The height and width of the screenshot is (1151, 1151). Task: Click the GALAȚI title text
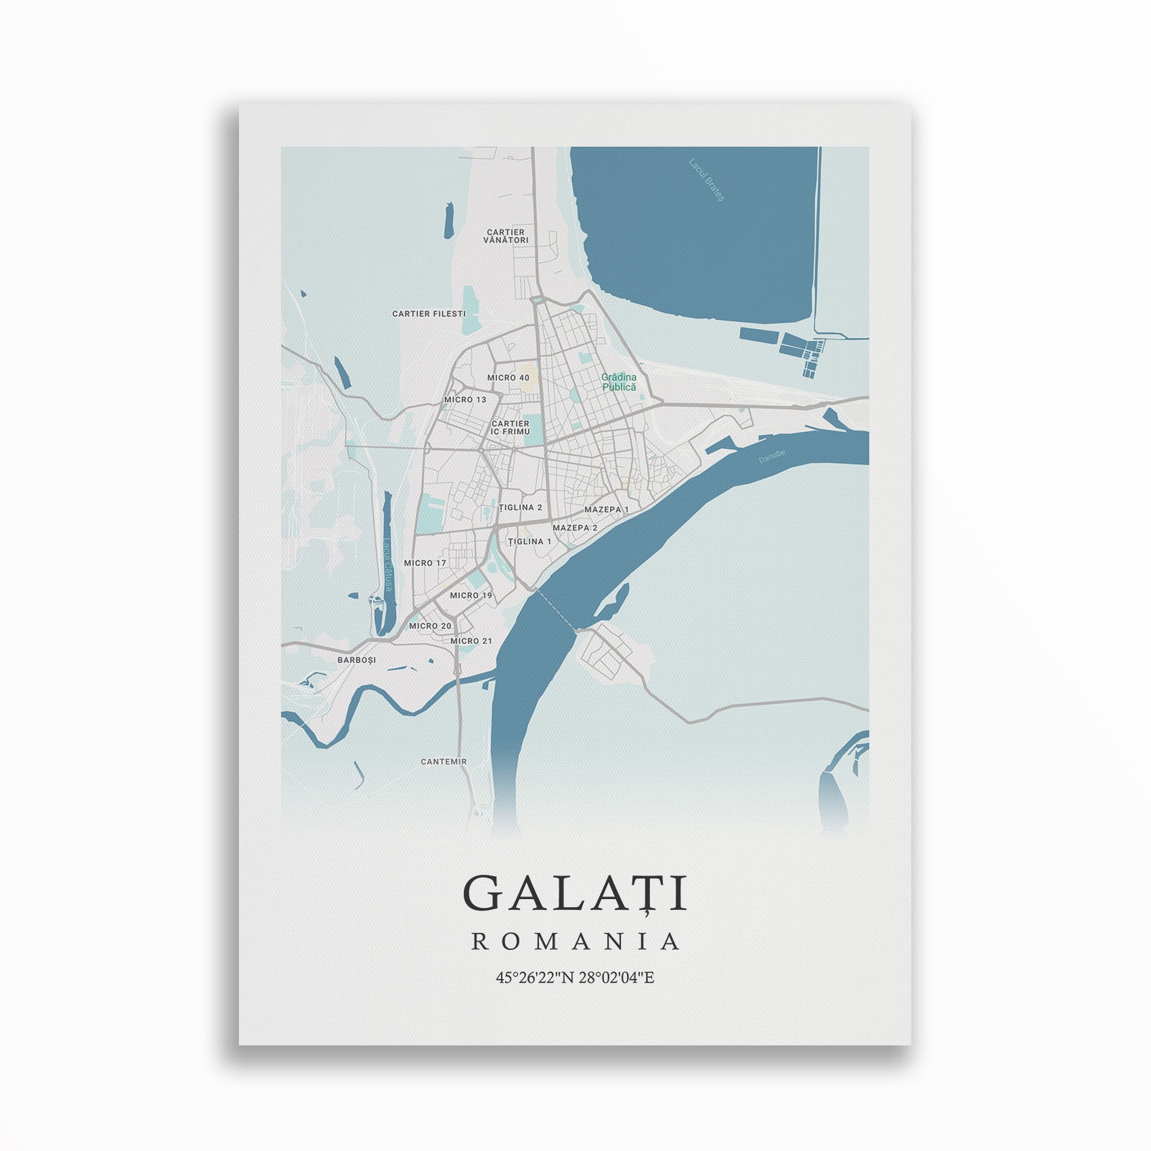(575, 893)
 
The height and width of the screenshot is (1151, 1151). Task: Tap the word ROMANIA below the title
(575, 941)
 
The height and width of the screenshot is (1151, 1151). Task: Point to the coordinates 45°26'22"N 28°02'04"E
(575, 978)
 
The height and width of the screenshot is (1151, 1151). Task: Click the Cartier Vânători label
(506, 236)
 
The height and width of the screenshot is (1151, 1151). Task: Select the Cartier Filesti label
(429, 314)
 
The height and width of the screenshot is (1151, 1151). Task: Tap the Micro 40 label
(508, 378)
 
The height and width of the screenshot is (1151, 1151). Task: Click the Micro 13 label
(465, 399)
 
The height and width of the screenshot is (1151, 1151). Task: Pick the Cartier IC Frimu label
(511, 428)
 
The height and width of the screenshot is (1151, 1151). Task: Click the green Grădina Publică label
(619, 382)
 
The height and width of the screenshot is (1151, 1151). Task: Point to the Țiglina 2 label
(520, 508)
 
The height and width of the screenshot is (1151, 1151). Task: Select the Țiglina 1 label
(529, 542)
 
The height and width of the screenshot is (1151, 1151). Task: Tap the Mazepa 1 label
(607, 509)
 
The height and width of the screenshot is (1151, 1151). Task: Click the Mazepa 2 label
(575, 527)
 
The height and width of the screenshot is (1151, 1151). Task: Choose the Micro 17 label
(425, 563)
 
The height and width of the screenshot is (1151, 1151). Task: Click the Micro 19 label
(471, 596)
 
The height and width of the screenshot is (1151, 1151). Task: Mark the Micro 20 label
(430, 626)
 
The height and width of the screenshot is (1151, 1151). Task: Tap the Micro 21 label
(471, 641)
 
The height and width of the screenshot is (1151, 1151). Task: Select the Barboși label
(356, 660)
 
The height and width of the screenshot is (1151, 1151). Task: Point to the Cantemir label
(443, 762)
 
